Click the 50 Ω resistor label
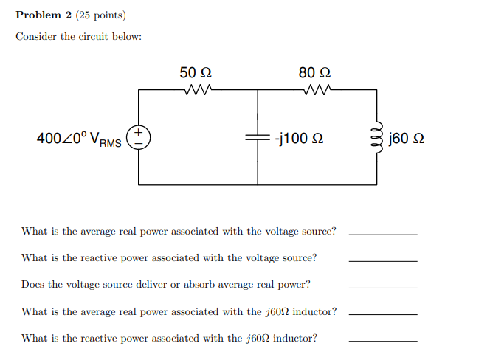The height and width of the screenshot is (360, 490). click(196, 72)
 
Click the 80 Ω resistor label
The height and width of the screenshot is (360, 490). click(314, 72)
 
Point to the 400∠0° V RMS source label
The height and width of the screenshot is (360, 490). click(79, 139)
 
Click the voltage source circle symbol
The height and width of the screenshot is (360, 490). click(139, 137)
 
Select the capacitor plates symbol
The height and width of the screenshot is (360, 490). click(258, 137)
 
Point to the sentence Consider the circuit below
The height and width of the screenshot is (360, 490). click(78, 37)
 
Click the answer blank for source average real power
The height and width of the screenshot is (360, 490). click(382, 233)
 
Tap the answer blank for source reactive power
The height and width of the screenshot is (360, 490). click(382, 260)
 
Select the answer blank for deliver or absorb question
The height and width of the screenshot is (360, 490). click(382, 286)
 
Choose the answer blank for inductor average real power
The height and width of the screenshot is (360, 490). click(382, 314)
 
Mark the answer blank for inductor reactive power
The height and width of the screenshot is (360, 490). click(382, 340)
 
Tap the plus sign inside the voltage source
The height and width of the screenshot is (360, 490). click(139, 133)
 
